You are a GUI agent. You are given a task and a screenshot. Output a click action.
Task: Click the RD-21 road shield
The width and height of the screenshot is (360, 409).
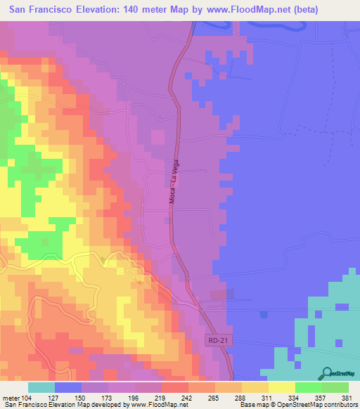point(217,340)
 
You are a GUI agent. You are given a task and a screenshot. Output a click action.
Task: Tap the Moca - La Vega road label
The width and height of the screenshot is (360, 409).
point(172,181)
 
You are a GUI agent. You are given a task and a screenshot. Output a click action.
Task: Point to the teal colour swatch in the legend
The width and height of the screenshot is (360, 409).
point(41,387)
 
